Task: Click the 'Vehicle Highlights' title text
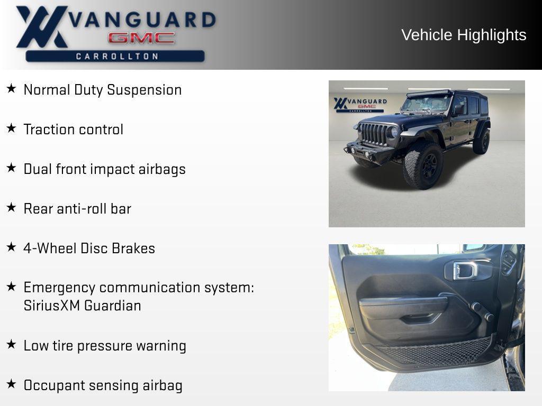coord(464,35)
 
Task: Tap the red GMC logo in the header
coord(141,38)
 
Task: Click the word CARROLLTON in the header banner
coord(117,56)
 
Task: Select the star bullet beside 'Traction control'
coord(11,128)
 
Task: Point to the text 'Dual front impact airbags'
coord(104,169)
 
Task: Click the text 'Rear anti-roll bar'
coord(77,209)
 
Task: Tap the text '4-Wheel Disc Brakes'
coord(89,248)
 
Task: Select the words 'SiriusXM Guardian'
coord(82,306)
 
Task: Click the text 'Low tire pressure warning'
coord(105,346)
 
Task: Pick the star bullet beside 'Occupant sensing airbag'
coord(11,384)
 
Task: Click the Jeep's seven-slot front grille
coord(374,134)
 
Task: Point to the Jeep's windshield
coord(426,104)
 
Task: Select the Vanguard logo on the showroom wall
coord(360,104)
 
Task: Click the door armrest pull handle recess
coord(421,318)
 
